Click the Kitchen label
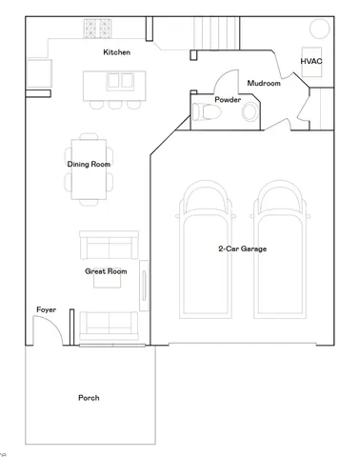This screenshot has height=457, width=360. pyautogui.click(x=117, y=52)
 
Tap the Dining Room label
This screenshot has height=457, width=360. pyautogui.click(x=89, y=164)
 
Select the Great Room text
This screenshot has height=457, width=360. pyautogui.click(x=106, y=271)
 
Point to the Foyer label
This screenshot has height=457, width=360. pyautogui.click(x=46, y=310)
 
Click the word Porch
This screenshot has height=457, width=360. pyautogui.click(x=89, y=397)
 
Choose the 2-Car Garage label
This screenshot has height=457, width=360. pyautogui.click(x=242, y=248)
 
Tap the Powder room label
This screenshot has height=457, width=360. pyautogui.click(x=227, y=99)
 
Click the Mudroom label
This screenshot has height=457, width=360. pyautogui.click(x=264, y=84)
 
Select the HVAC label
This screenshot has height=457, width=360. pyautogui.click(x=311, y=61)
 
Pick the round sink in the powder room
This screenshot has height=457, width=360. pyautogui.click(x=250, y=112)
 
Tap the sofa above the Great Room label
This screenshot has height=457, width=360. pyautogui.click(x=107, y=247)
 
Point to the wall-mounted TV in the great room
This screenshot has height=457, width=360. pyautogui.click(x=144, y=287)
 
